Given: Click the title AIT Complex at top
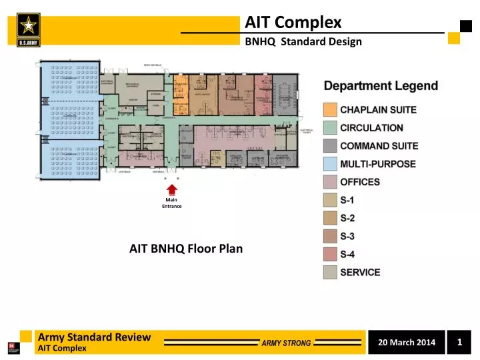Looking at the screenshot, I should pos(293,23).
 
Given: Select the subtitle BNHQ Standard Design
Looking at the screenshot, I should pos(303,41).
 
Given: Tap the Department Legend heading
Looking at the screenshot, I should pos(381,86).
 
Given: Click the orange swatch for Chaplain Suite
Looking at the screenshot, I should pos(330,109).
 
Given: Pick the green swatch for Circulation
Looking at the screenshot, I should pos(330,127).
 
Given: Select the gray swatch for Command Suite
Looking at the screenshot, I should pos(330,145).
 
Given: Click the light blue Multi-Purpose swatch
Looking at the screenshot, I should pos(330,163).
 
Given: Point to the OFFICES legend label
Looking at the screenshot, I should pos(360,182).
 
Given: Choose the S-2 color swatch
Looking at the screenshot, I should pos(330,218).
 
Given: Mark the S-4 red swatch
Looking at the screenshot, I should pos(330,254).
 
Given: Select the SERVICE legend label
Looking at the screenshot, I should pos(360,272).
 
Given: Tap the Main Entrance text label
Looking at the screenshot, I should pos(172,203).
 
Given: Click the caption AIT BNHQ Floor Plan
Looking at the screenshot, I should pos(186,249).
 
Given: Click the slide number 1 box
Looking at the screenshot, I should pos(460,342).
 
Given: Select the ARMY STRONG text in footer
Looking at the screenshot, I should pos(285,343).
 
